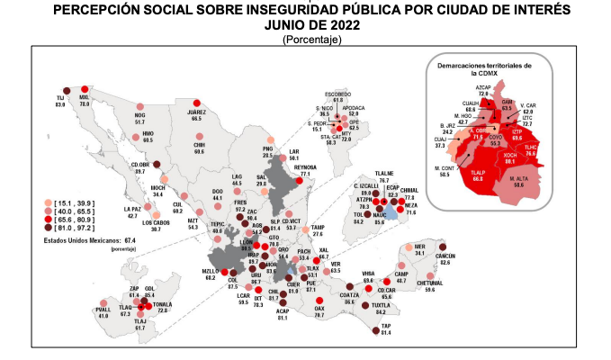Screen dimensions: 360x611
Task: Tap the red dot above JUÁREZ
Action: pyautogui.click(x=196, y=102)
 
